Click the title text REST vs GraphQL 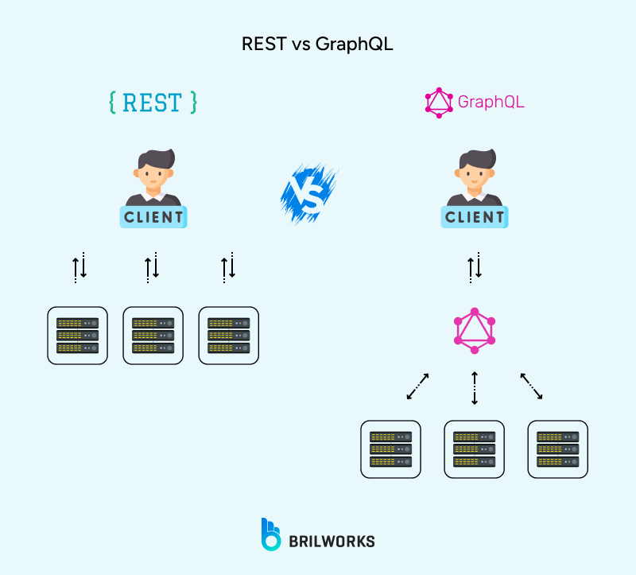(317, 45)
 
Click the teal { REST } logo (153, 103)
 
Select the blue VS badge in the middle (309, 191)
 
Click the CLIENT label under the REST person (153, 216)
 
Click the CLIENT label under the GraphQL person (475, 216)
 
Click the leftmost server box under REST (77, 336)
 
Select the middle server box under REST (153, 336)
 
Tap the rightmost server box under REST (228, 336)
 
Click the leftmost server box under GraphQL (390, 449)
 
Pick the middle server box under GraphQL (474, 449)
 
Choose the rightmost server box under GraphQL (557, 449)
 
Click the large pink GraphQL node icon (475, 330)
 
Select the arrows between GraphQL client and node (475, 266)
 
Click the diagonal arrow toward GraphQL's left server (417, 387)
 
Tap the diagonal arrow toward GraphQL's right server (531, 387)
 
